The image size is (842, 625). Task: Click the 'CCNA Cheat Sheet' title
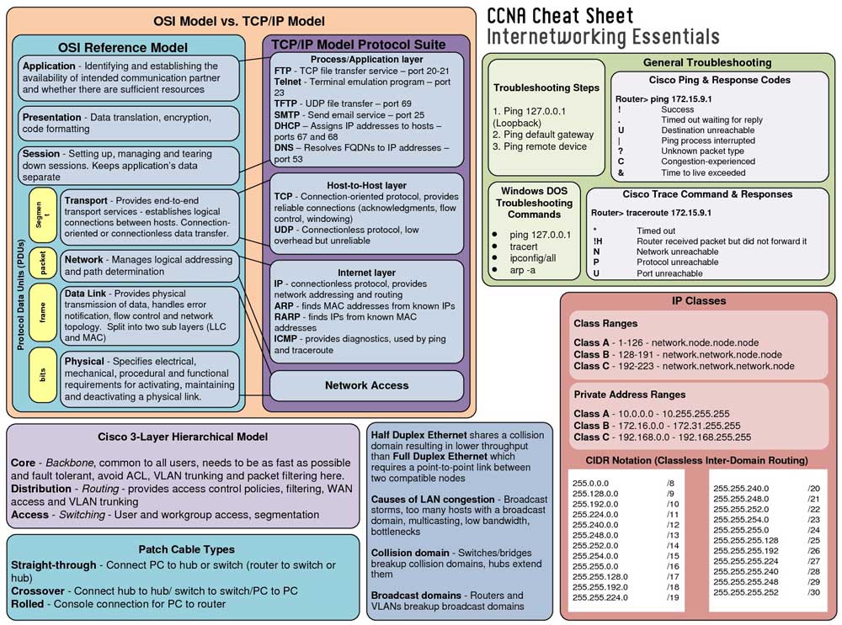(x=560, y=16)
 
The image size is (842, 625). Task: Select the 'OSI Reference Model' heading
(x=123, y=47)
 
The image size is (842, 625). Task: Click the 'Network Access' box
(x=366, y=385)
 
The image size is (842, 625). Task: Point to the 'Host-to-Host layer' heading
(x=366, y=185)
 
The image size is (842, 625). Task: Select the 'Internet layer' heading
(x=366, y=273)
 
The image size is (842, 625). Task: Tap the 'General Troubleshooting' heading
(x=707, y=62)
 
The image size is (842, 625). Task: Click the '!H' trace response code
(x=598, y=241)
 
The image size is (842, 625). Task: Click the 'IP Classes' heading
(x=698, y=300)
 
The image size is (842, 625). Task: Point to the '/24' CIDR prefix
(x=813, y=530)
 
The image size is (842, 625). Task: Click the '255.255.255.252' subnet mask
(x=745, y=592)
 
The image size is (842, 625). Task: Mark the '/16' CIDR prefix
(x=672, y=566)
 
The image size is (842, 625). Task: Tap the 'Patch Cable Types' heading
(x=187, y=549)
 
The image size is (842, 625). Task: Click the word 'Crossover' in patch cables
(x=38, y=591)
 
